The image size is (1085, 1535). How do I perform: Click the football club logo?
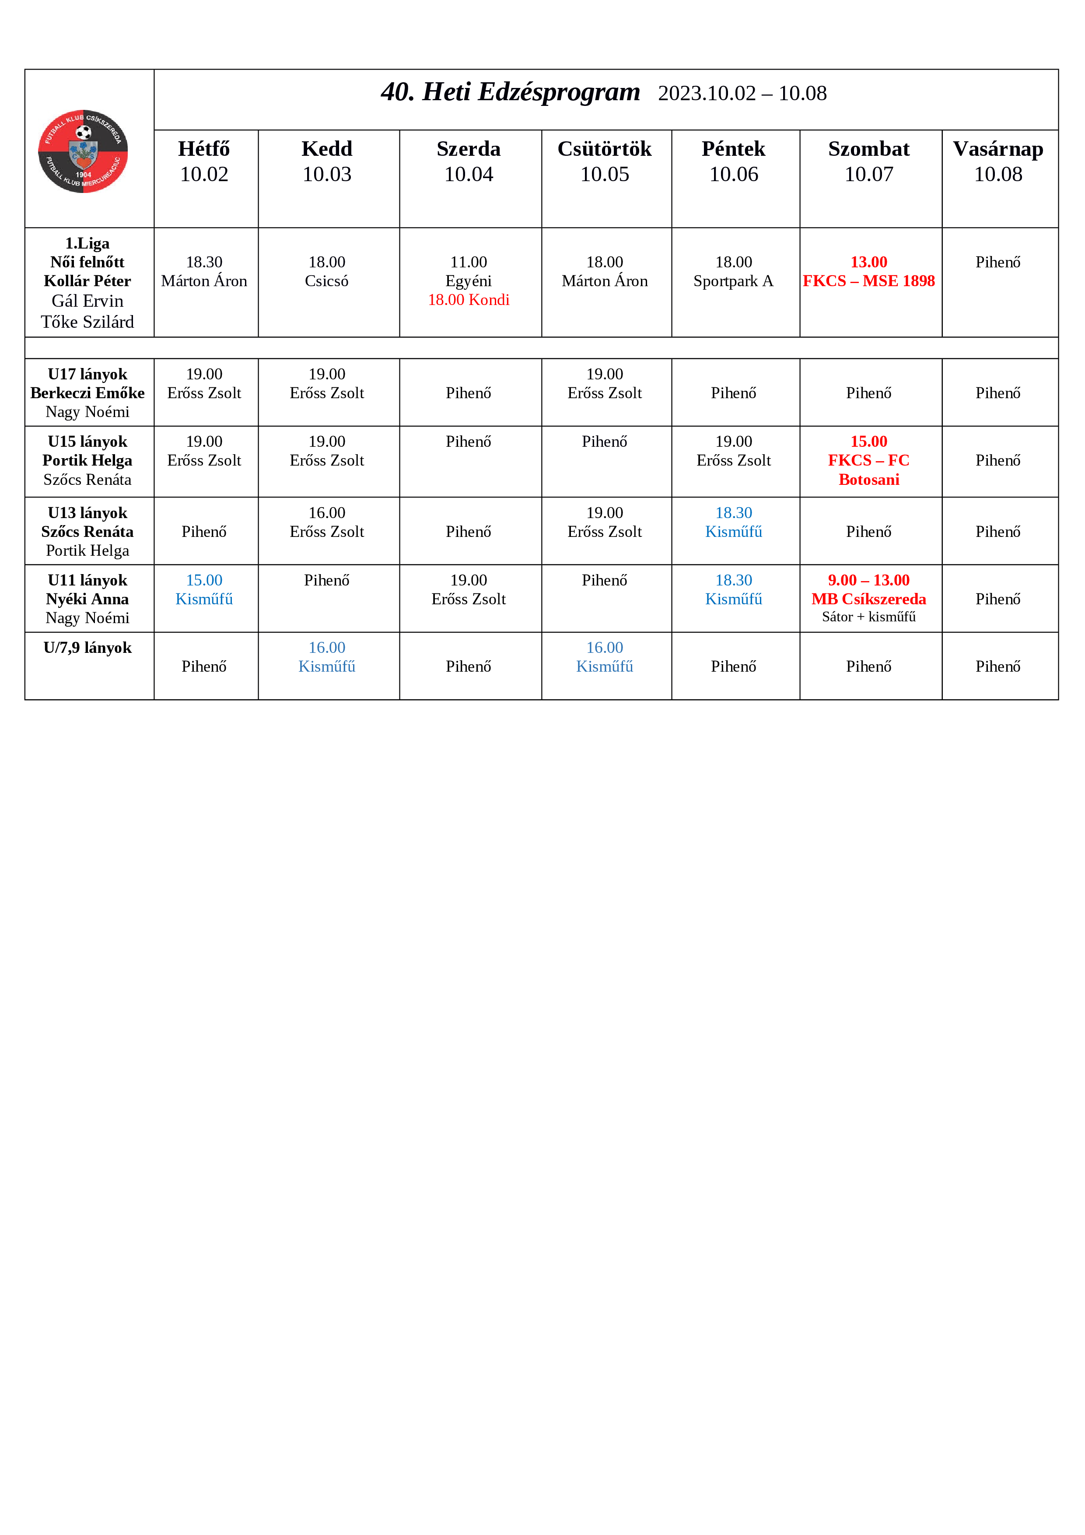(83, 151)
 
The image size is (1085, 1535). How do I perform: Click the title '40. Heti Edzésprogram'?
(510, 92)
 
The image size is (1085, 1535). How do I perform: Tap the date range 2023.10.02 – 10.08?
(742, 94)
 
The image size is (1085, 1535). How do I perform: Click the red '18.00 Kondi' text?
(468, 299)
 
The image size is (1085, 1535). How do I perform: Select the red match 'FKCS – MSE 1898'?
(868, 281)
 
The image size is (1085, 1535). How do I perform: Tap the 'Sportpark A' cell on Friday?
(733, 281)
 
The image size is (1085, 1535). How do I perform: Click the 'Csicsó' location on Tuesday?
(326, 281)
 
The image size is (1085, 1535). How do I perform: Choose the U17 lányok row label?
(87, 375)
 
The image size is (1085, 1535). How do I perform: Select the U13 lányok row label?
(87, 513)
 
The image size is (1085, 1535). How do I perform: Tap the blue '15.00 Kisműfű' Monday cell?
(204, 590)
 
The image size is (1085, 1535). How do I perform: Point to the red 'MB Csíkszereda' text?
(868, 599)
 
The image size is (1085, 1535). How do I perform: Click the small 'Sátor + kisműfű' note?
(868, 617)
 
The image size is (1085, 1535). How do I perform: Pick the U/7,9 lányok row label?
(87, 648)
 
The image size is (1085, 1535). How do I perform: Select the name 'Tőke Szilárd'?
(87, 322)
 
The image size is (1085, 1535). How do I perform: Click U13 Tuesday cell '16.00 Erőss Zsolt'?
(326, 522)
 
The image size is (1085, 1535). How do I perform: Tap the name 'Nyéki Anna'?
(87, 599)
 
